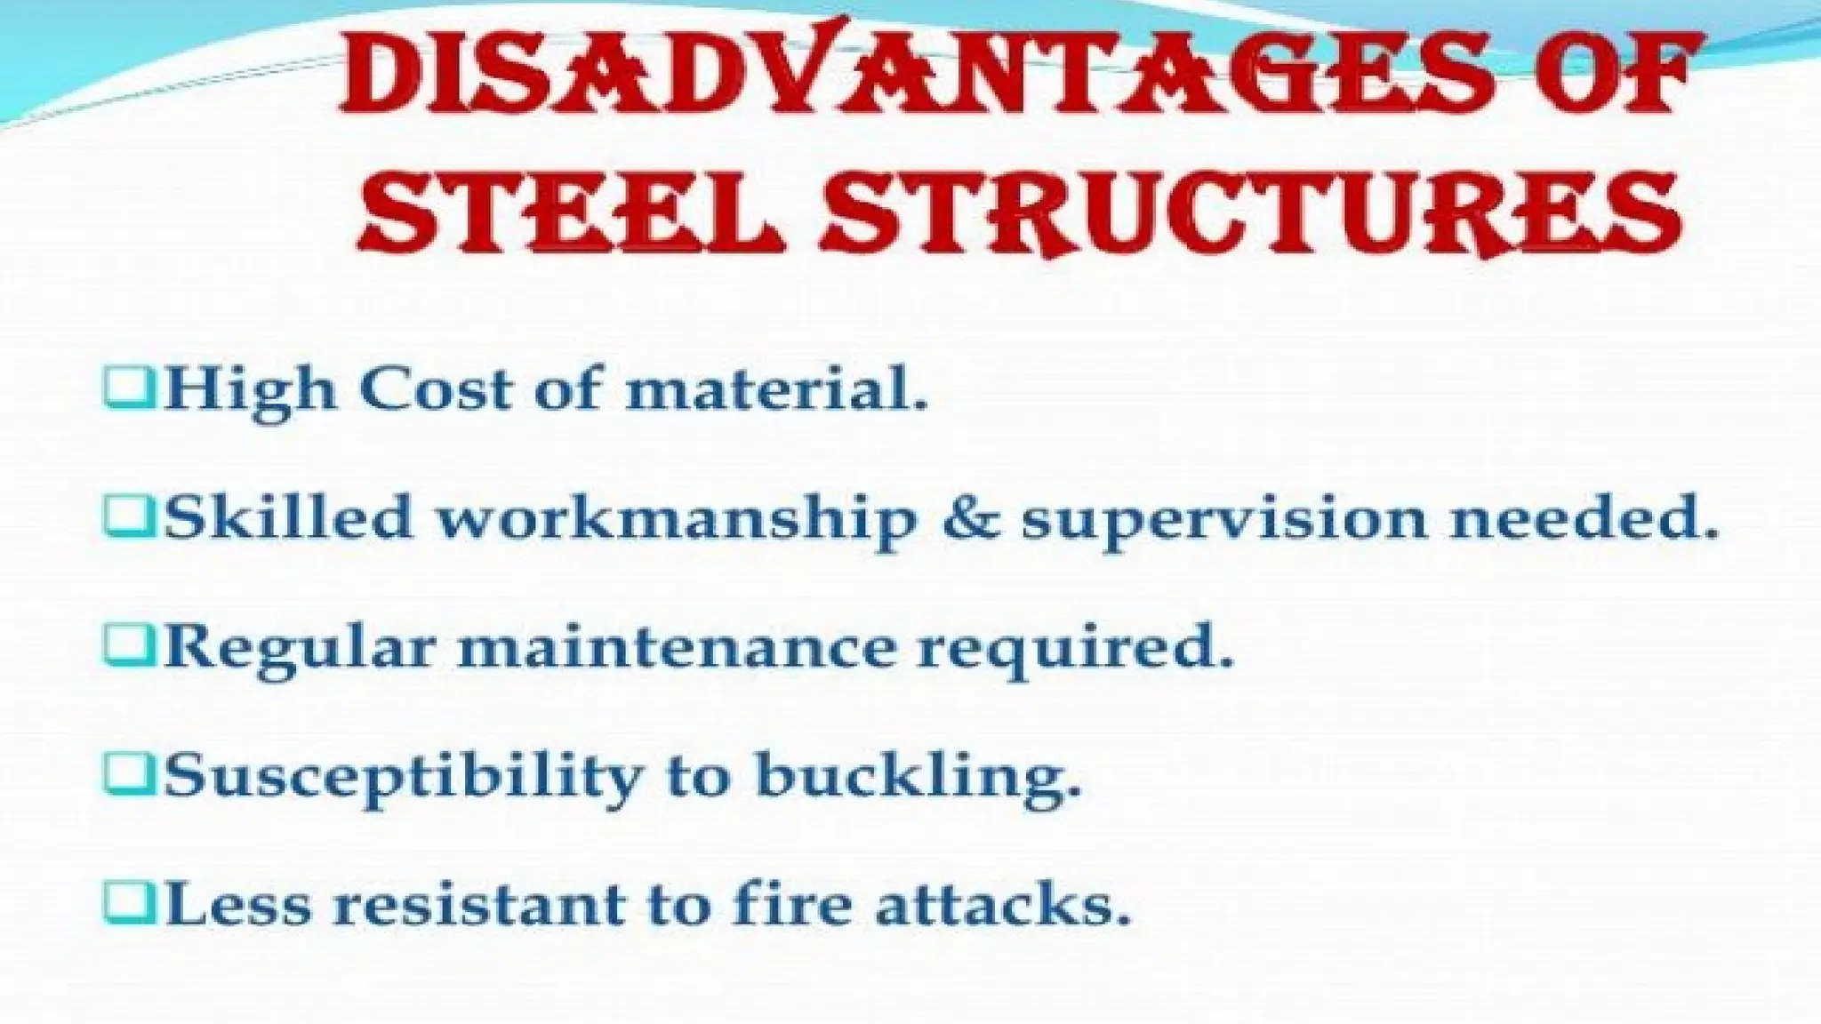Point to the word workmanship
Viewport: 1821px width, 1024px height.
click(676, 518)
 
